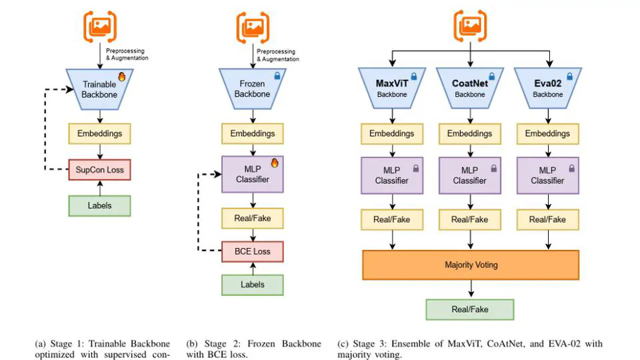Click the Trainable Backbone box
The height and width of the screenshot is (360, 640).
pos(99,89)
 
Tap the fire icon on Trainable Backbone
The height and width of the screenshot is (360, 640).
pos(122,77)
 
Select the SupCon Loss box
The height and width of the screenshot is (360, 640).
pos(99,169)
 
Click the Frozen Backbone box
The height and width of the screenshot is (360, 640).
pos(252,89)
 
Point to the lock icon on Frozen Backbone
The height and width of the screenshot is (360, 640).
pos(277,77)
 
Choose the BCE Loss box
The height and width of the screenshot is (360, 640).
pos(252,251)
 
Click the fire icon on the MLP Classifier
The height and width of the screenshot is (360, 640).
pos(274,162)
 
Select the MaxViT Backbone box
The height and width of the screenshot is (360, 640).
pos(392,89)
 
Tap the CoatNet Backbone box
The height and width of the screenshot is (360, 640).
pos(470,89)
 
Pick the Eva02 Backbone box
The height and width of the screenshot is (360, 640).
pos(547,89)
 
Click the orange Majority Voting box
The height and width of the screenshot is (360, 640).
pos(471,265)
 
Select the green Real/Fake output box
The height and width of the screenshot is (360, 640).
pos(470,309)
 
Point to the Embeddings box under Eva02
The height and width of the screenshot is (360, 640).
pos(547,133)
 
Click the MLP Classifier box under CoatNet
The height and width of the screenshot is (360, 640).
pos(470,175)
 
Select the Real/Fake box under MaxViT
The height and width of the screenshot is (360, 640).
pos(392,219)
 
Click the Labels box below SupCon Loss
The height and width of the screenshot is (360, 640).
pos(99,205)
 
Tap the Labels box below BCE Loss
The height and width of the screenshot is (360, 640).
pos(252,285)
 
